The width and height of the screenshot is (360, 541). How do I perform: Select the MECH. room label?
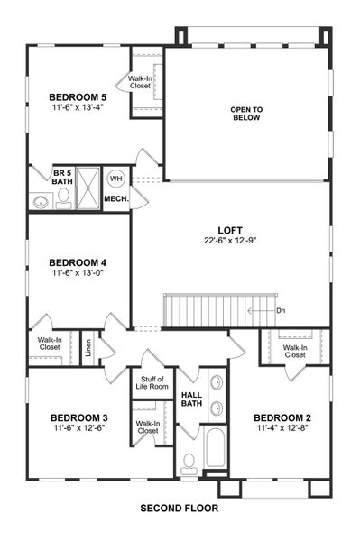click(115, 198)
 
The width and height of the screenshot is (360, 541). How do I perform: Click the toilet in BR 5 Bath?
click(62, 200)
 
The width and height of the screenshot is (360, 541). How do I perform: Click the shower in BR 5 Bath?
click(88, 189)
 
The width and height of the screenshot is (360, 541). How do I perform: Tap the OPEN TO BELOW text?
click(245, 113)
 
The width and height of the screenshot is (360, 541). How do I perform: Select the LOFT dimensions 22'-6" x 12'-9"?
click(229, 242)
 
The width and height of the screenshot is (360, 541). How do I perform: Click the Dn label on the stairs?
click(280, 310)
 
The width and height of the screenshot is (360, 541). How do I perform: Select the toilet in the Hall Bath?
click(189, 464)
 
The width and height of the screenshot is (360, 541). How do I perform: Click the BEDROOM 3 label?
click(78, 417)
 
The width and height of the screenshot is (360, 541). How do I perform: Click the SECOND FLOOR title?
click(179, 509)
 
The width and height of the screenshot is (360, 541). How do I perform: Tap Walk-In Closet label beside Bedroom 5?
click(140, 82)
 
